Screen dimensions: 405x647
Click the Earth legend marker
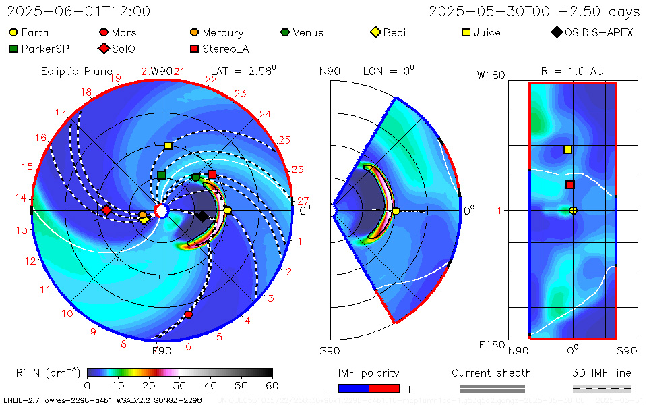coord(13,32)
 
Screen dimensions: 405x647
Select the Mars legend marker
coord(104,32)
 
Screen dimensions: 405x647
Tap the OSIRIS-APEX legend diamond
coord(556,32)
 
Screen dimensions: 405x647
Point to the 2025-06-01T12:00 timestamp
coord(79,11)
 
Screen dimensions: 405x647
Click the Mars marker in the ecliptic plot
coord(189,315)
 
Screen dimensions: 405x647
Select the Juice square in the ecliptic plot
coord(168,146)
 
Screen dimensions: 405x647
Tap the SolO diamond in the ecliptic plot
coord(106,210)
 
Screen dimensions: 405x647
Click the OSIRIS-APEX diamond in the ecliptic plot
coord(202,216)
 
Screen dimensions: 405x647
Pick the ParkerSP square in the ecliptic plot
coord(162,175)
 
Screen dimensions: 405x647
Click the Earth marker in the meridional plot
coord(396,211)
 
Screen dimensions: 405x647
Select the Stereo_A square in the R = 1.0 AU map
coord(570,184)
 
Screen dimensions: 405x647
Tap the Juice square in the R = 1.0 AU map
coord(567,149)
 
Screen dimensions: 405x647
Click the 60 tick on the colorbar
coord(272,385)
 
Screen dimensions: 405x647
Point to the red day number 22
coord(211,80)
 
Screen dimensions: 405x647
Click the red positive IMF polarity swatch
coord(384,388)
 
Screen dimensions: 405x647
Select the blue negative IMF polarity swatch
coord(353,388)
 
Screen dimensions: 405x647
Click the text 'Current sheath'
coord(491,373)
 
